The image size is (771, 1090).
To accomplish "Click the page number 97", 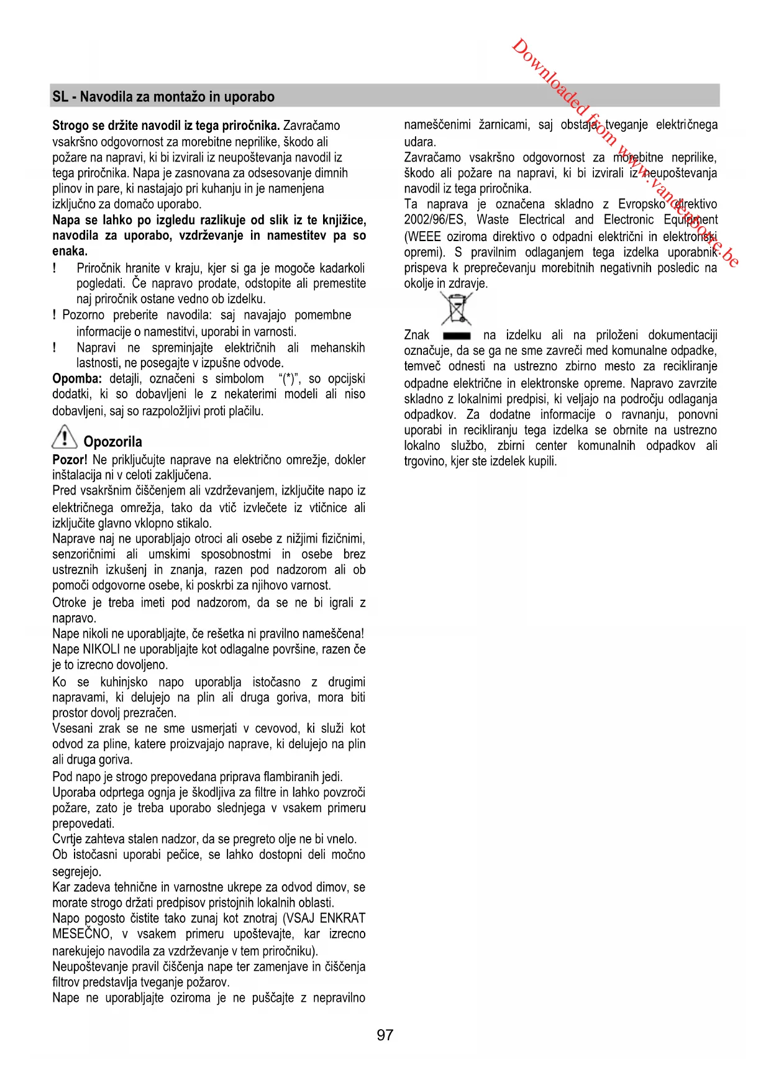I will pos(385,1035).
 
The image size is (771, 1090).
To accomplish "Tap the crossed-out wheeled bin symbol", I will pos(457,308).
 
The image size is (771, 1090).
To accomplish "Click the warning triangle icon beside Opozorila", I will pos(64,437).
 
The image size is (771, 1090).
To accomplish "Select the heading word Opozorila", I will pos(112,442).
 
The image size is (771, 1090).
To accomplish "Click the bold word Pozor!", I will pos(70,460).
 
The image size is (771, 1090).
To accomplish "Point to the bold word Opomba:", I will pos(77,378).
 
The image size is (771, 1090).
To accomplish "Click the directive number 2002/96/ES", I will pos(434,220).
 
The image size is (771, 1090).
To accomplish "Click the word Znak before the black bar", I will pos(417,336).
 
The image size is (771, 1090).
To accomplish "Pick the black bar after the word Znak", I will pos(457,336).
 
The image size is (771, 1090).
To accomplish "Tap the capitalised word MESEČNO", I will pos(82,934).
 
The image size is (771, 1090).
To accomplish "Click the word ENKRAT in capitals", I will pos(342,918).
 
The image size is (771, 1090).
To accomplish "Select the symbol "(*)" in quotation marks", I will pos(290,379).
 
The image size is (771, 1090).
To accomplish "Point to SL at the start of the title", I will pos(60,97).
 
